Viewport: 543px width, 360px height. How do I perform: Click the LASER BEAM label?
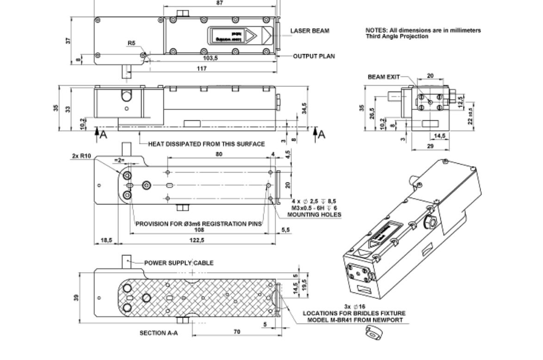(310, 31)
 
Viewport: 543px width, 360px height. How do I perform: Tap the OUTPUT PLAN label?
(314, 56)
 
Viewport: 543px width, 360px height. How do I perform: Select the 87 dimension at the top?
(219, 3)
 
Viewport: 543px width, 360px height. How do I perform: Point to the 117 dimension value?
(201, 68)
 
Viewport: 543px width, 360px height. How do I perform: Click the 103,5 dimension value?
(210, 59)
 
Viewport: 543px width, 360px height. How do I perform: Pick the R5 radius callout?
(132, 43)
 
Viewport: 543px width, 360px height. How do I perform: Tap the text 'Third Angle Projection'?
(397, 36)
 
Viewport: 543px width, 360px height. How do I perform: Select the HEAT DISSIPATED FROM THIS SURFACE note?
(206, 144)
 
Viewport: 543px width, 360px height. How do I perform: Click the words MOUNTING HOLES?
(315, 215)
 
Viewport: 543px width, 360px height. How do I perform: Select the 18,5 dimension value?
(106, 240)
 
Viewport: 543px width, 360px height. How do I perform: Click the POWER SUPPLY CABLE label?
(179, 263)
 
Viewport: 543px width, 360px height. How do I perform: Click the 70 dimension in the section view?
(237, 332)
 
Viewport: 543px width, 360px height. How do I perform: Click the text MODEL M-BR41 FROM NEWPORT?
(353, 320)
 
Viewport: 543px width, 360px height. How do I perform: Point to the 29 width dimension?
(430, 146)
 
